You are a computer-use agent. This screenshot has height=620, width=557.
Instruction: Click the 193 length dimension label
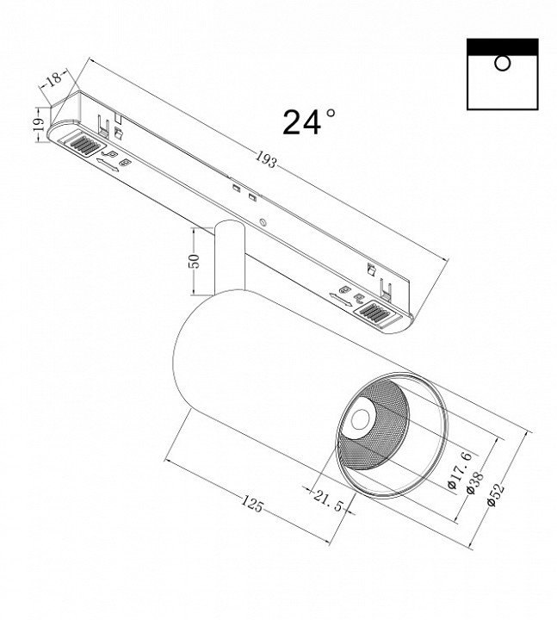tap(265, 159)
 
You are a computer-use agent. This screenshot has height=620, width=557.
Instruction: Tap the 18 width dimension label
tap(54, 77)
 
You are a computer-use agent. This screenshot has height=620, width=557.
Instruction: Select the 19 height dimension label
tap(39, 125)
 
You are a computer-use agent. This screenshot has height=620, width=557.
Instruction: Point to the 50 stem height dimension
tap(195, 261)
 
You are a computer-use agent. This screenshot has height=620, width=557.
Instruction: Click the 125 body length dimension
tap(252, 504)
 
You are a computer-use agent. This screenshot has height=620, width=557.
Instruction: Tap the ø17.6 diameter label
tap(460, 470)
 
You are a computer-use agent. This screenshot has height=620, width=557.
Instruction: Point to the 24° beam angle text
tap(309, 122)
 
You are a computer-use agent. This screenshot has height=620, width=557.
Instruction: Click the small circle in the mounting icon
tap(502, 63)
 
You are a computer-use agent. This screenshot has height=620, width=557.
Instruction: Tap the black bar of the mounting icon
tap(503, 46)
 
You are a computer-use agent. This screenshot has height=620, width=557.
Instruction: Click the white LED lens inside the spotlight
tap(361, 419)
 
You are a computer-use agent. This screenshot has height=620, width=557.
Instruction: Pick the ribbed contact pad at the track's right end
tap(375, 311)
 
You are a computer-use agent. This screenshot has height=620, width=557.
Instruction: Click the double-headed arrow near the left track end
tap(107, 164)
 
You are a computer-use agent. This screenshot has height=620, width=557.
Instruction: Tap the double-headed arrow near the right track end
tap(340, 300)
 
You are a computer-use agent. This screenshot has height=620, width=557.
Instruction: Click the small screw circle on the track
tap(263, 222)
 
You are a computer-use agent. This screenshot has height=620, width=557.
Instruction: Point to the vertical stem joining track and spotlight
tap(230, 257)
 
